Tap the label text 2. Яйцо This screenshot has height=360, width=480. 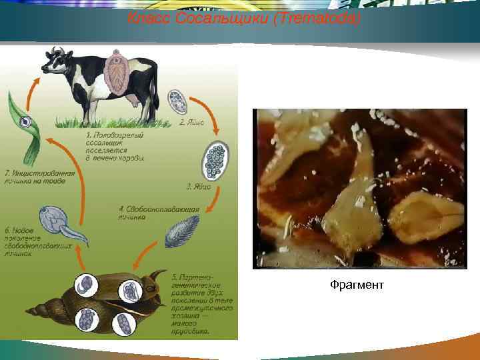coord(194,123)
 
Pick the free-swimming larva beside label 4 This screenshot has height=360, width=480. coord(181,231)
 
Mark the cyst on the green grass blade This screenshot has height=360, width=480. coord(26,123)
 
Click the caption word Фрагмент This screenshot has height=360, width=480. coord(357,285)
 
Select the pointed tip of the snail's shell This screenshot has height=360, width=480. coord(31,310)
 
